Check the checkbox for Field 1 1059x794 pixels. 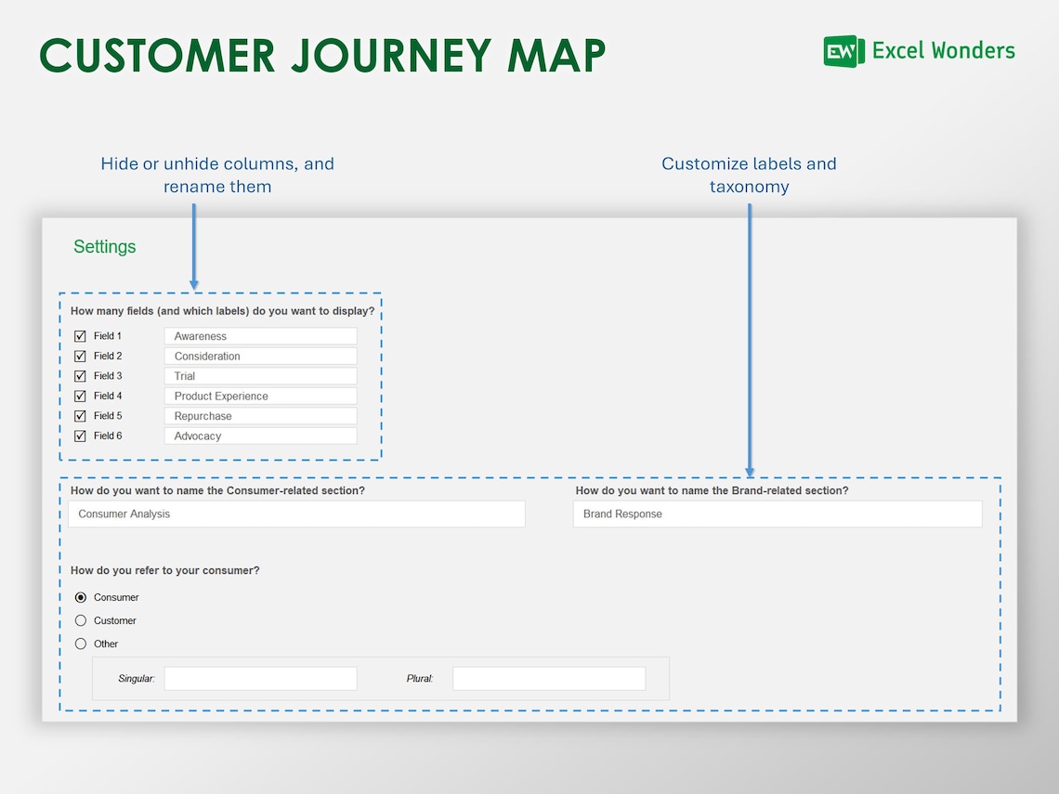coord(80,336)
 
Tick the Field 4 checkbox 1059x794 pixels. coord(80,397)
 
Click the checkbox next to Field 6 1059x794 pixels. coord(80,436)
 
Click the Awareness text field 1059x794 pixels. coord(260,336)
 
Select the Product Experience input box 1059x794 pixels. coord(260,397)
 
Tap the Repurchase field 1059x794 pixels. coord(260,416)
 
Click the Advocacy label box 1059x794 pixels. coord(260,436)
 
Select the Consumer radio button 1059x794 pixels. coord(81,597)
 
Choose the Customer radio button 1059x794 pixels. coord(81,620)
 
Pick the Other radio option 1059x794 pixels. coord(81,644)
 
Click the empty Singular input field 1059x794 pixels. coord(260,679)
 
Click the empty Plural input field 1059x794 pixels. coord(548,679)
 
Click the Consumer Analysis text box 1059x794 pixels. coord(296,514)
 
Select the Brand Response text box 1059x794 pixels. coord(777,514)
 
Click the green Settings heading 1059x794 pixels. coord(105,247)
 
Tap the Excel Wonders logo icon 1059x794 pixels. coord(843,51)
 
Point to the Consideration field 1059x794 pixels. coord(260,357)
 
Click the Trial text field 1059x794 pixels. coord(260,376)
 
